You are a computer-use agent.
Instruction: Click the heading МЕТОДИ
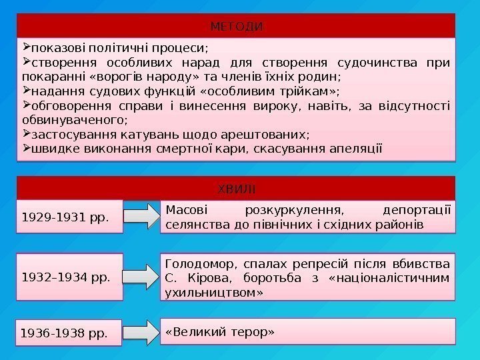click(x=237, y=27)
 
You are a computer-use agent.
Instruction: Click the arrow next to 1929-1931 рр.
click(x=141, y=216)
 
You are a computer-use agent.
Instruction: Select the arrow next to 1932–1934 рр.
click(x=141, y=274)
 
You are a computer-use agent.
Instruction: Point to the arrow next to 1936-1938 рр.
click(x=141, y=331)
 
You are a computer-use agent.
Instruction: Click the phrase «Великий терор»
click(x=221, y=331)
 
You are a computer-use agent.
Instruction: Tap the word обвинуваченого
click(x=73, y=121)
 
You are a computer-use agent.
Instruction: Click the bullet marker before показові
click(x=26, y=47)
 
